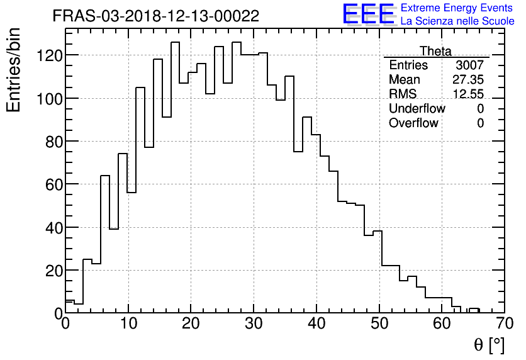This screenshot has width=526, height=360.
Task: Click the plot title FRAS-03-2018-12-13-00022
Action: coord(155,16)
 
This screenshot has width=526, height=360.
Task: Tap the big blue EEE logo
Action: coord(368,14)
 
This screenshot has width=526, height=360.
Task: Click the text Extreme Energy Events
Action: coord(457,8)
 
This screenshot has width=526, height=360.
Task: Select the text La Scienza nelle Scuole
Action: coord(457,21)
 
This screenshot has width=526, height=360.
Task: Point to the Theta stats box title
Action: coord(435,51)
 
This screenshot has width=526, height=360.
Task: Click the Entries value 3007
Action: coord(470,65)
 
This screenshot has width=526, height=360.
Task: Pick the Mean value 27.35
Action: coord(468,80)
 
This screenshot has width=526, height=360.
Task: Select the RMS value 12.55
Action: coord(468,94)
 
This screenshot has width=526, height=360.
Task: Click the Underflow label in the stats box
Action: coord(417,109)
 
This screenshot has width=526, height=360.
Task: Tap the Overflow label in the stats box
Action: coord(413,123)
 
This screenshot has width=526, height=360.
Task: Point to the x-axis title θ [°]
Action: coord(489,345)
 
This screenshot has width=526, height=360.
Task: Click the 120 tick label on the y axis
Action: coord(49,55)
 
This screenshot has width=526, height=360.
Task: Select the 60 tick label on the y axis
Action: coord(53,184)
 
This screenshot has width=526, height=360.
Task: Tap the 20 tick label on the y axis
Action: coord(53,271)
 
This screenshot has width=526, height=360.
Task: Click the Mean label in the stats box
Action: coord(405,80)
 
